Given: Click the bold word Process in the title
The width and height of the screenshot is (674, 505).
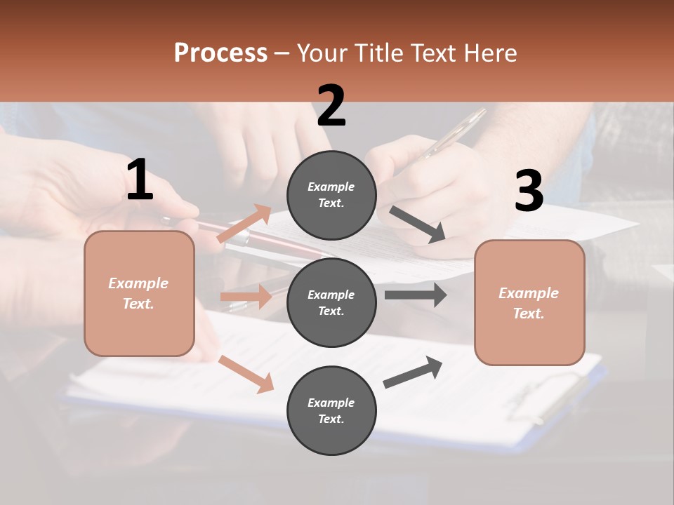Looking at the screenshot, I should (x=220, y=53).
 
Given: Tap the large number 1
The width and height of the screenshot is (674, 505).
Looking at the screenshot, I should (x=140, y=180).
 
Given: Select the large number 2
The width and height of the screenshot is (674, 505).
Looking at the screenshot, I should (x=331, y=106).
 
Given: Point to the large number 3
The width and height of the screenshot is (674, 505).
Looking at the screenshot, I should (x=529, y=191).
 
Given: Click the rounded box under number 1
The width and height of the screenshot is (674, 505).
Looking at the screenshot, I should (x=139, y=293).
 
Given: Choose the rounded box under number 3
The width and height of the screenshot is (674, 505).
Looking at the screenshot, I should (x=529, y=302).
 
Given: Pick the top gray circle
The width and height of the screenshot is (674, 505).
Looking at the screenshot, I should (x=331, y=194).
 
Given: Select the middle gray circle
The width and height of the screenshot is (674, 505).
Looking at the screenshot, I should (x=331, y=302).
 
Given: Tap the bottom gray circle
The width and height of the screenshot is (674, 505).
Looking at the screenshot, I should (x=331, y=410).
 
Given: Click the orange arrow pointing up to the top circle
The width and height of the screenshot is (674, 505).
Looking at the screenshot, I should (x=244, y=224).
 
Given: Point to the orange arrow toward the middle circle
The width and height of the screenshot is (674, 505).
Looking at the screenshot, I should (x=246, y=297).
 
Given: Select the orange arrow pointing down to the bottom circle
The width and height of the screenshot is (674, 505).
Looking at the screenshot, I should (x=246, y=373).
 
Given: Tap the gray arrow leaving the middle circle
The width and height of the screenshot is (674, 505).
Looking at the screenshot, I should (x=416, y=295).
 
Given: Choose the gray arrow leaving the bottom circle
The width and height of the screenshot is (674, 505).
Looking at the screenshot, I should (x=413, y=372).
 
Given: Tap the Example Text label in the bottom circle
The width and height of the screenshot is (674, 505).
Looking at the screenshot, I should (x=331, y=410).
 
